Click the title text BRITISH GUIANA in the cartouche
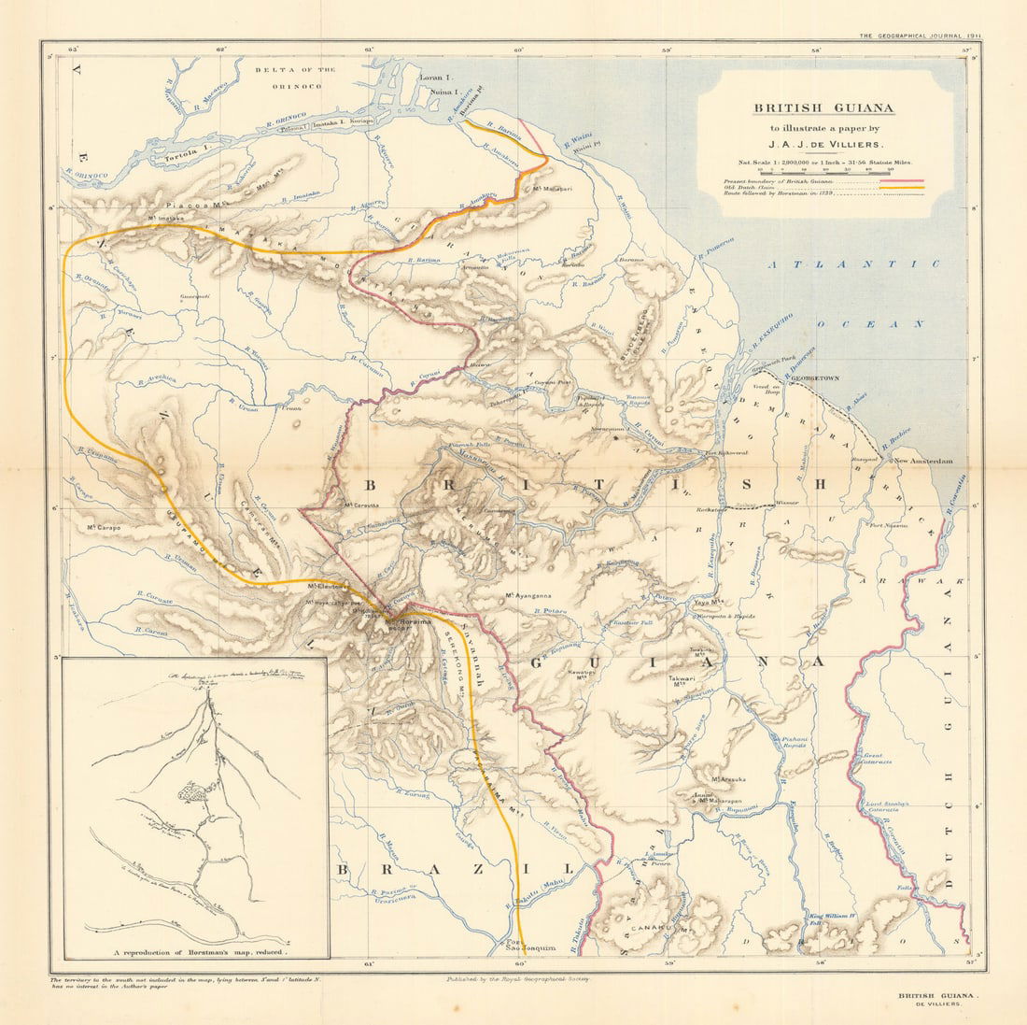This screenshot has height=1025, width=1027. tap(824, 107)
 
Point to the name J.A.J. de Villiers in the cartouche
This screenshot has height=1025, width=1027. tap(824, 145)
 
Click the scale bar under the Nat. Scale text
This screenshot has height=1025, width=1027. tap(824, 170)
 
